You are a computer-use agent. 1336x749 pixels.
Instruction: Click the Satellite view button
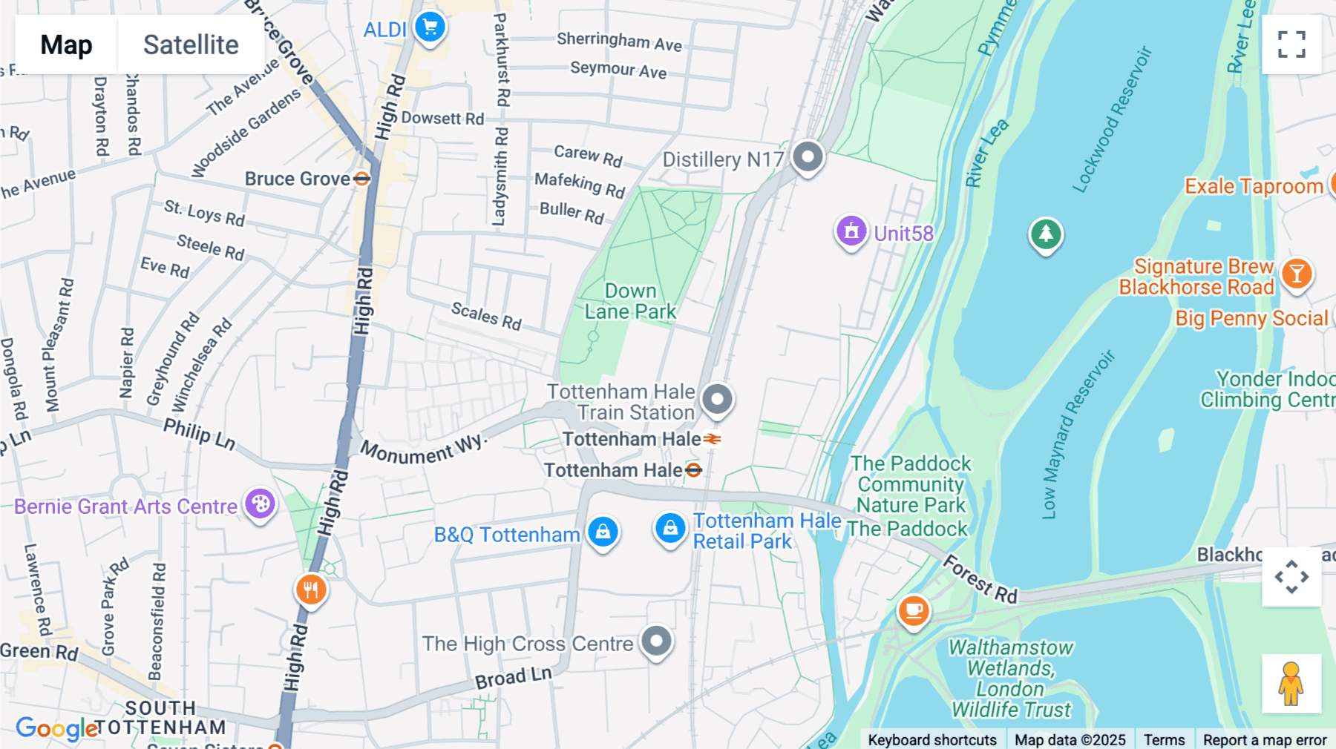click(x=191, y=44)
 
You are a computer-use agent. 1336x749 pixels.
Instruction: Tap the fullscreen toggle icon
click(x=1291, y=44)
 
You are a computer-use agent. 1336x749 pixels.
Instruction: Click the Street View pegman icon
click(x=1291, y=684)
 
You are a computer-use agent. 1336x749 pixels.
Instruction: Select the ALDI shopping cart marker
click(x=430, y=27)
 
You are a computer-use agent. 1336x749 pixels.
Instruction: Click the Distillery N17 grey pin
click(x=808, y=156)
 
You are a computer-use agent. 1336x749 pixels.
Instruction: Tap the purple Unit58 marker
click(x=851, y=231)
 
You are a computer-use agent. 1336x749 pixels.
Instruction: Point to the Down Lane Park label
click(x=630, y=301)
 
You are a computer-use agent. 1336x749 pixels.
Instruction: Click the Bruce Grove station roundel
click(x=361, y=179)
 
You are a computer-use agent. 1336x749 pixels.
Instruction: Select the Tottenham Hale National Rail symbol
click(x=713, y=439)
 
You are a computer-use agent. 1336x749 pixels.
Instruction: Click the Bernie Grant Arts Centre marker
click(x=261, y=504)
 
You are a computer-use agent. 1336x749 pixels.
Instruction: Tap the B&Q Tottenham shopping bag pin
click(x=603, y=532)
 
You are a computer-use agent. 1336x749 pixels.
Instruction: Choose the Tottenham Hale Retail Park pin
click(x=670, y=529)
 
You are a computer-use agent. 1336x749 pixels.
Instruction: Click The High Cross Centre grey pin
click(x=656, y=641)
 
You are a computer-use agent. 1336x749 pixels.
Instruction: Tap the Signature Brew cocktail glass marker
click(x=1297, y=274)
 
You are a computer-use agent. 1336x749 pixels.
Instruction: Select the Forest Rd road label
click(x=980, y=579)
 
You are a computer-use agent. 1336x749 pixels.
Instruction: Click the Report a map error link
click(x=1265, y=739)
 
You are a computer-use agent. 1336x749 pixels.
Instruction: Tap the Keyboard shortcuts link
click(x=932, y=739)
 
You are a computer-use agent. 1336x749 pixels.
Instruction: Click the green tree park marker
click(x=1045, y=234)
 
